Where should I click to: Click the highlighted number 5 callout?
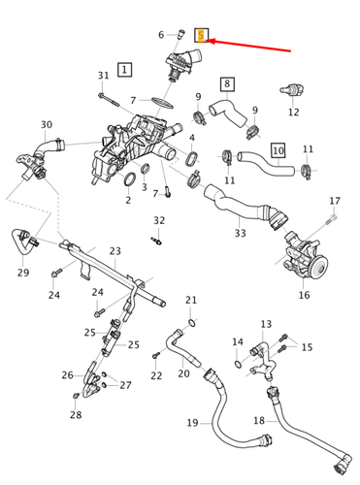click(x=200, y=36)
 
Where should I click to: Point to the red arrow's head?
click(x=211, y=40)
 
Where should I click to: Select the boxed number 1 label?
click(x=124, y=69)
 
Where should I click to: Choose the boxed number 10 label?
click(x=278, y=150)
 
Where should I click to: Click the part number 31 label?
click(x=103, y=76)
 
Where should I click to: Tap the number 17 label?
click(x=335, y=201)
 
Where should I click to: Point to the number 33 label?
click(x=240, y=233)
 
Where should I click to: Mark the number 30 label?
click(x=47, y=124)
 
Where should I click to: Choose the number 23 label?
click(x=115, y=251)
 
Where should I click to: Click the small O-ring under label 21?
click(x=191, y=321)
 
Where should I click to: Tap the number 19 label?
click(x=192, y=422)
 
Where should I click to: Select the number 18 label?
click(x=259, y=420)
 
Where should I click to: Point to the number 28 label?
click(x=76, y=415)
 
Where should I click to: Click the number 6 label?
click(x=161, y=35)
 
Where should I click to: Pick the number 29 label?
click(x=23, y=275)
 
